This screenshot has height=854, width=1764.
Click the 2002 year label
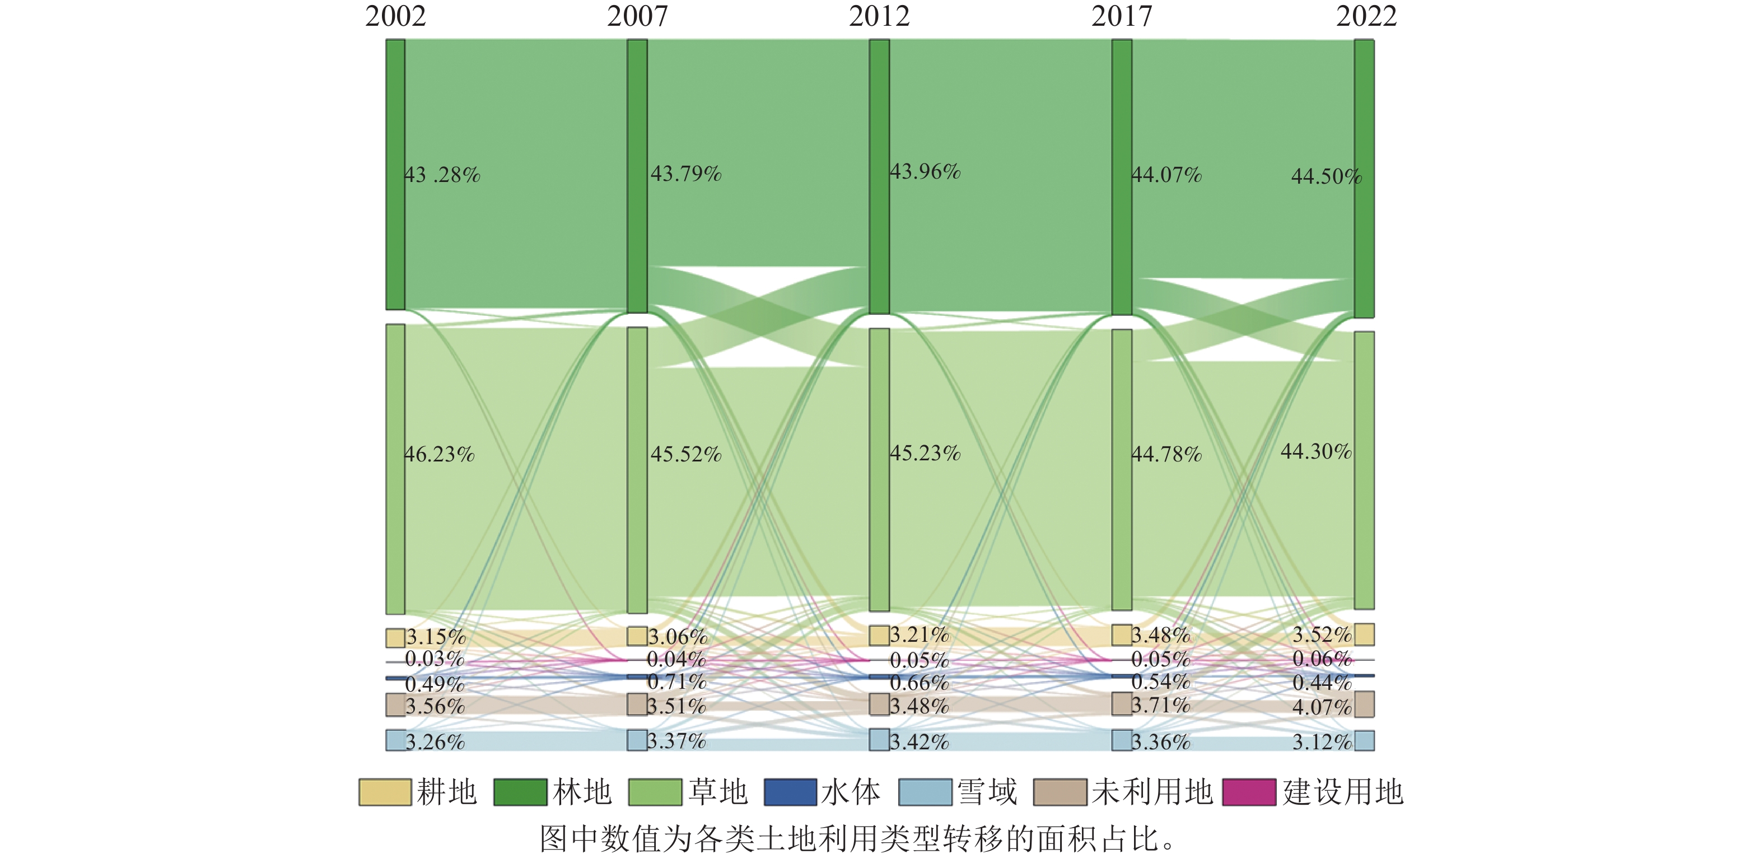[x=395, y=16]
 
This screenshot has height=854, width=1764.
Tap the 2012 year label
[x=879, y=16]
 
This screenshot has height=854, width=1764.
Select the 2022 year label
[x=1366, y=16]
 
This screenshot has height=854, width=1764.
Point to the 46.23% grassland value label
[x=439, y=454]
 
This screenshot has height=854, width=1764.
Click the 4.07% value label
[x=1322, y=707]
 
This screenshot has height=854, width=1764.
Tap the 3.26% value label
[x=435, y=741]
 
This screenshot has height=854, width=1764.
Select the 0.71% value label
[x=676, y=682]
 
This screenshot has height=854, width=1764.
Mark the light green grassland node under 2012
[x=879, y=469]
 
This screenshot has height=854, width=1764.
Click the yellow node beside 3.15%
[x=395, y=638]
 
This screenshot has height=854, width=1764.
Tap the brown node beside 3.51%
[x=637, y=704]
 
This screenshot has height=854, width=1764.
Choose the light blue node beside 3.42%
[x=879, y=740]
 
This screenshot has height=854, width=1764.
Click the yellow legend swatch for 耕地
[x=385, y=792]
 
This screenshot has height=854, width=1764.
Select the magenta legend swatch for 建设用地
[x=1249, y=792]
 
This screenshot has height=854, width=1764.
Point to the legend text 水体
[x=851, y=792]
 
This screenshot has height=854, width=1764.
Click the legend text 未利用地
[x=1152, y=792]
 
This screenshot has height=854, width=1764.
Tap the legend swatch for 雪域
[x=925, y=792]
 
